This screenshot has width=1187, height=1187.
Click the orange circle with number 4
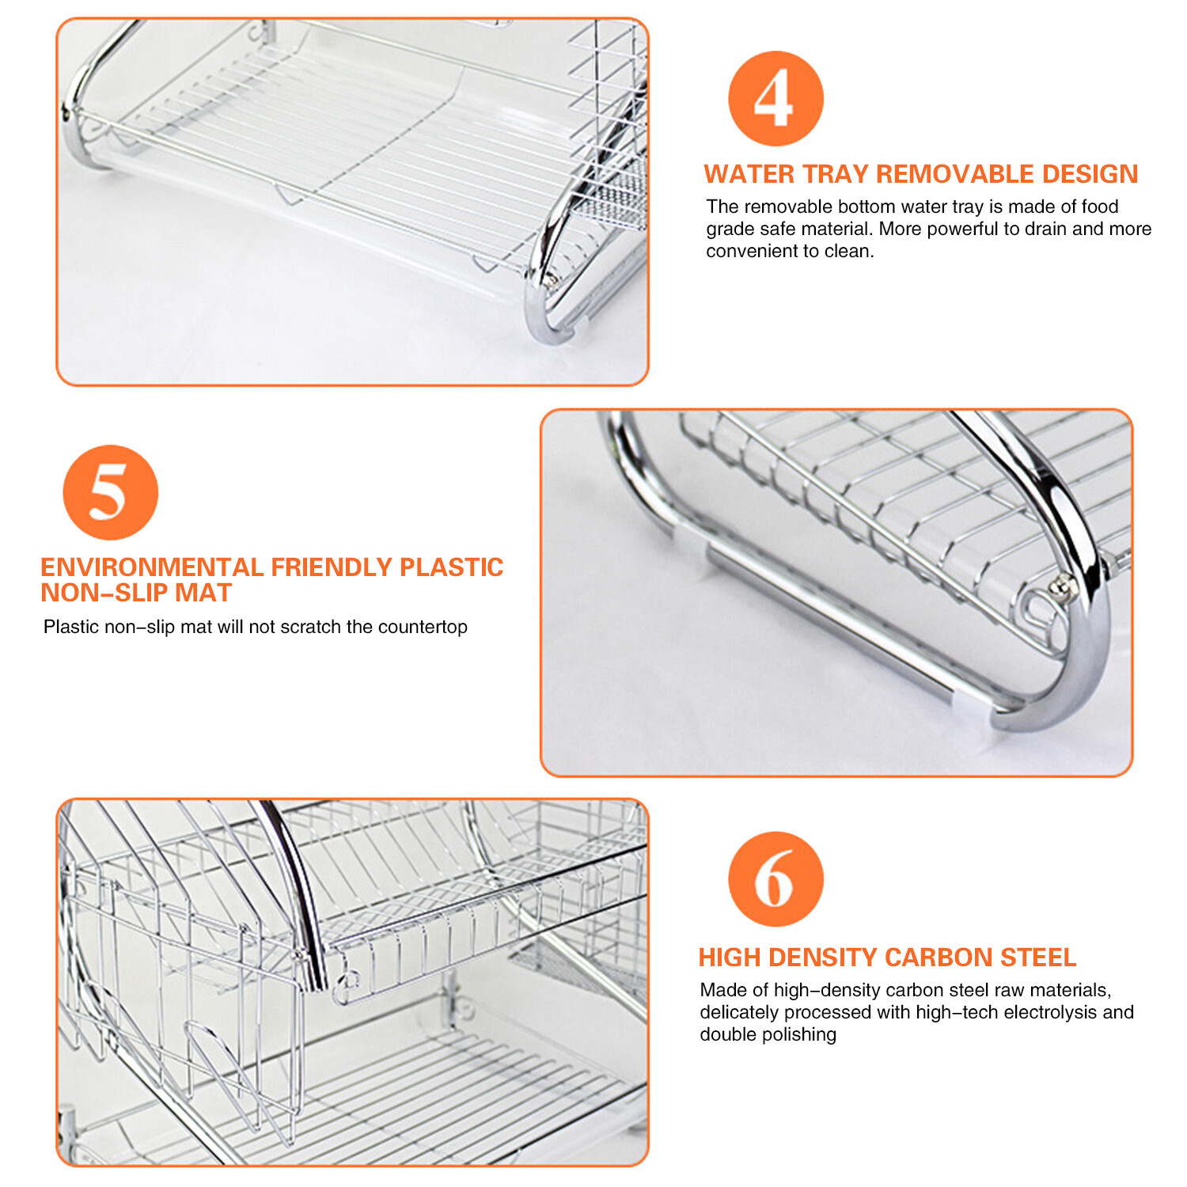[776, 98]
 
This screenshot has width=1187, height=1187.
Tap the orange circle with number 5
[110, 492]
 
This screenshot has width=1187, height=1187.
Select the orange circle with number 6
[776, 879]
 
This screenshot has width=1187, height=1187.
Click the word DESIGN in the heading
[1090, 174]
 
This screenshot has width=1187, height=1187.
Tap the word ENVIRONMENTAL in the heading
[152, 567]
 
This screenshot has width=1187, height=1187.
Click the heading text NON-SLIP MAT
[136, 593]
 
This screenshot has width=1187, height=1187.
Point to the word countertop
[423, 627]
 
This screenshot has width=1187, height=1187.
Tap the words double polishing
[768, 1034]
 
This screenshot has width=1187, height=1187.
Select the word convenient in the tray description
[746, 251]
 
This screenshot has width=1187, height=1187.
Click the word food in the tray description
[1099, 207]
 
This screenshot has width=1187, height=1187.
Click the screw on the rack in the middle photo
[1060, 586]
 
